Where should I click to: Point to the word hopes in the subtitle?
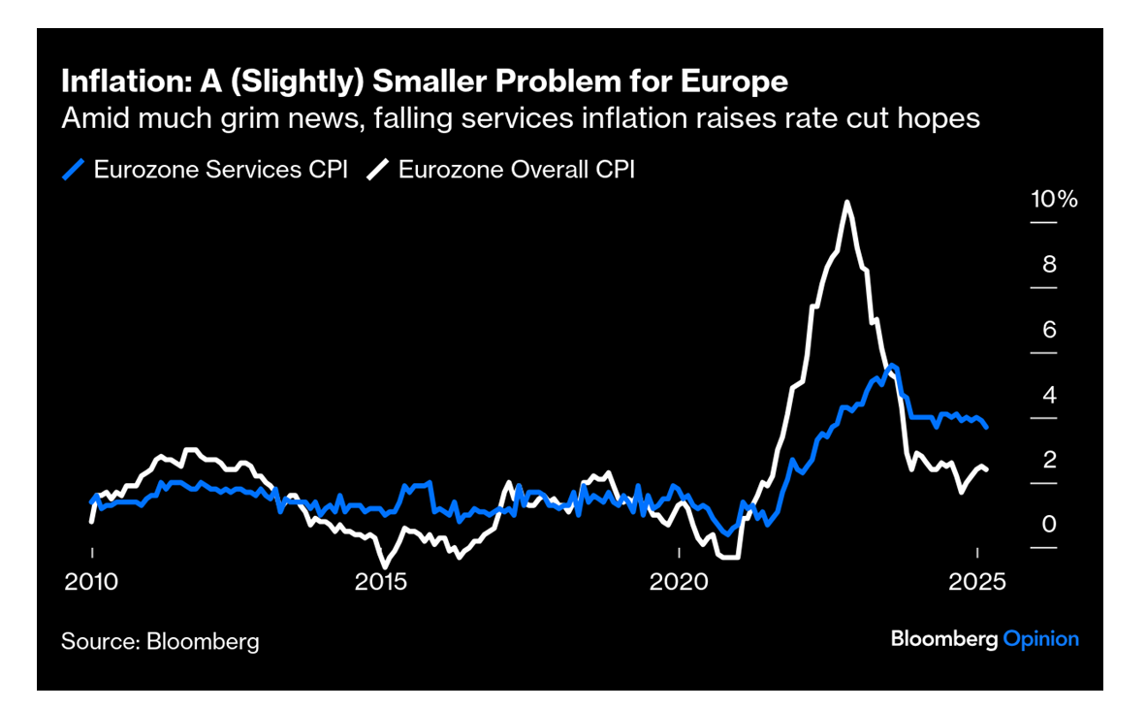[x=938, y=118]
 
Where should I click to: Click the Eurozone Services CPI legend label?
[x=220, y=170]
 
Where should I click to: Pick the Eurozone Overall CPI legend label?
[x=517, y=170]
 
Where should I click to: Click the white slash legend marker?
[x=378, y=170]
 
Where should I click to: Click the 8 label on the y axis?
[x=1049, y=265]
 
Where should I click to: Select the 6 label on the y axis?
[x=1049, y=330]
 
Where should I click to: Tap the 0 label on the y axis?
[x=1049, y=525]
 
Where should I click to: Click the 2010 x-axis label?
[x=92, y=583]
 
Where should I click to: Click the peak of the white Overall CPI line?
[x=847, y=203]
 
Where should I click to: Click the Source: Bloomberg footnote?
[x=160, y=641]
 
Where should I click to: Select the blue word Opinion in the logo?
[x=1040, y=639]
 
